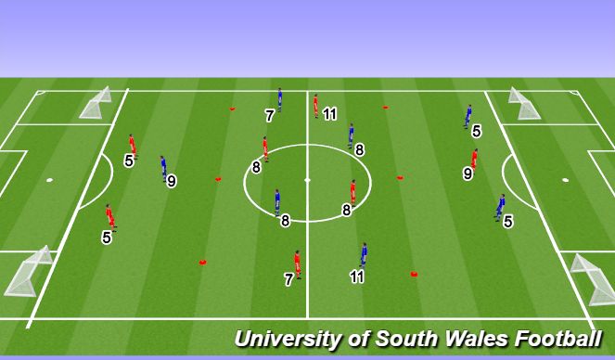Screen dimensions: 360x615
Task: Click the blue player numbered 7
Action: pyautogui.click(x=279, y=100)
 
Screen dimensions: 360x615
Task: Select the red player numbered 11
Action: pyautogui.click(x=316, y=104)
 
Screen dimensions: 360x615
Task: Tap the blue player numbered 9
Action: pyautogui.click(x=163, y=167)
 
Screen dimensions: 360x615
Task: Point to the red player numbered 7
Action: pyautogui.click(x=297, y=264)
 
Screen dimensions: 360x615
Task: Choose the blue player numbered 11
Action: pyautogui.click(x=364, y=254)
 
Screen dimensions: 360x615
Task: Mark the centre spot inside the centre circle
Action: pyautogui.click(x=307, y=180)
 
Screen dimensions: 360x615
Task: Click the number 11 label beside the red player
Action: pyautogui.click(x=329, y=114)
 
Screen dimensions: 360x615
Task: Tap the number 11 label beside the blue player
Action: pyautogui.click(x=357, y=276)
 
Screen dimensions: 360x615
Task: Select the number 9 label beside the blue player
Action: pyautogui.click(x=172, y=182)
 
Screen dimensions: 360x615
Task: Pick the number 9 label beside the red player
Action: pyautogui.click(x=468, y=173)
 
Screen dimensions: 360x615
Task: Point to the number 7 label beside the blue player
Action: pyautogui.click(x=269, y=116)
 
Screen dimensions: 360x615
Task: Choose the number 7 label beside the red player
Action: pyautogui.click(x=288, y=278)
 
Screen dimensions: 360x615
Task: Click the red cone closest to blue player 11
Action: pyautogui.click(x=414, y=273)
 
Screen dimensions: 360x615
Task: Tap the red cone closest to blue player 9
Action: pyautogui.click(x=219, y=178)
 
